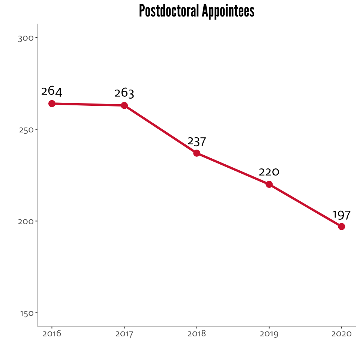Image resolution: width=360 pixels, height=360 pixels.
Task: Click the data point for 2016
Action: tap(52, 103)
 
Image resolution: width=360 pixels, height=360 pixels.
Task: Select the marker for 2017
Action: tap(124, 105)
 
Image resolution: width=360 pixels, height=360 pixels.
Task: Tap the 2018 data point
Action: tap(196, 153)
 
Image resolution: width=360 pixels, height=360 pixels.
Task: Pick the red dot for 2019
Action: tap(269, 184)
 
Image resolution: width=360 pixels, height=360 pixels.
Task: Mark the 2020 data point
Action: tap(341, 226)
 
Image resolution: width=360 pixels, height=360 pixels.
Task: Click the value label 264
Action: tap(52, 91)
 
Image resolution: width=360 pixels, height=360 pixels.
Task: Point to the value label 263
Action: tap(124, 93)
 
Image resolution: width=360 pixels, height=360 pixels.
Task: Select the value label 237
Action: tap(196, 141)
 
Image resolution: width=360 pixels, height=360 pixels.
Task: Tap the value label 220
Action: tap(269, 172)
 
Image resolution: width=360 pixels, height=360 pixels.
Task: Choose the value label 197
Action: tap(341, 215)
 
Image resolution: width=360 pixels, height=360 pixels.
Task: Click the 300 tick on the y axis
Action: tap(25, 38)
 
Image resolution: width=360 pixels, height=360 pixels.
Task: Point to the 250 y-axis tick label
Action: tap(25, 130)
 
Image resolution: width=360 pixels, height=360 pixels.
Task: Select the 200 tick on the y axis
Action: tap(25, 221)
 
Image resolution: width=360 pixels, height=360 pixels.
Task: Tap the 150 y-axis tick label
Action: tap(25, 313)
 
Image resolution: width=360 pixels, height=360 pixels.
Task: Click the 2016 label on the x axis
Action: tap(52, 334)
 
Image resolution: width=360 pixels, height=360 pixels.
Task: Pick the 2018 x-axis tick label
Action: tap(196, 334)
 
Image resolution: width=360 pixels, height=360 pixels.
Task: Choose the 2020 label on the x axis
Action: tap(341, 334)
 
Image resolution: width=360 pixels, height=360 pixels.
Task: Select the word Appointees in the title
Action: tap(228, 11)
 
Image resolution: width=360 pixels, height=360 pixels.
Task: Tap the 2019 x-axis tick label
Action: tap(269, 334)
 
